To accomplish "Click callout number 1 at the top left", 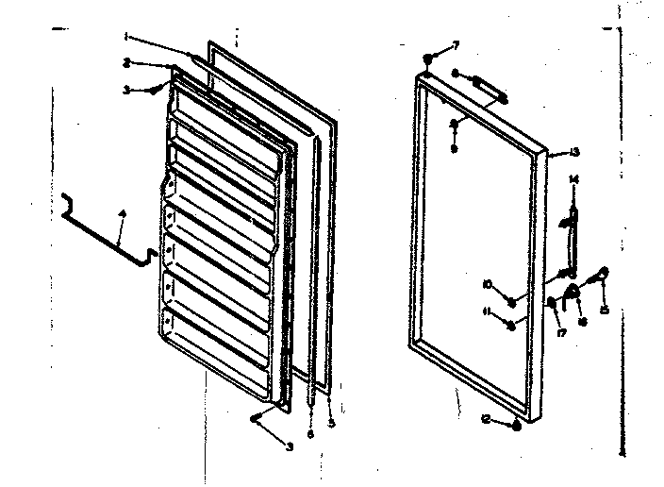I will point(125,37).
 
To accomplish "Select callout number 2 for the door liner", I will point(125,63).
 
